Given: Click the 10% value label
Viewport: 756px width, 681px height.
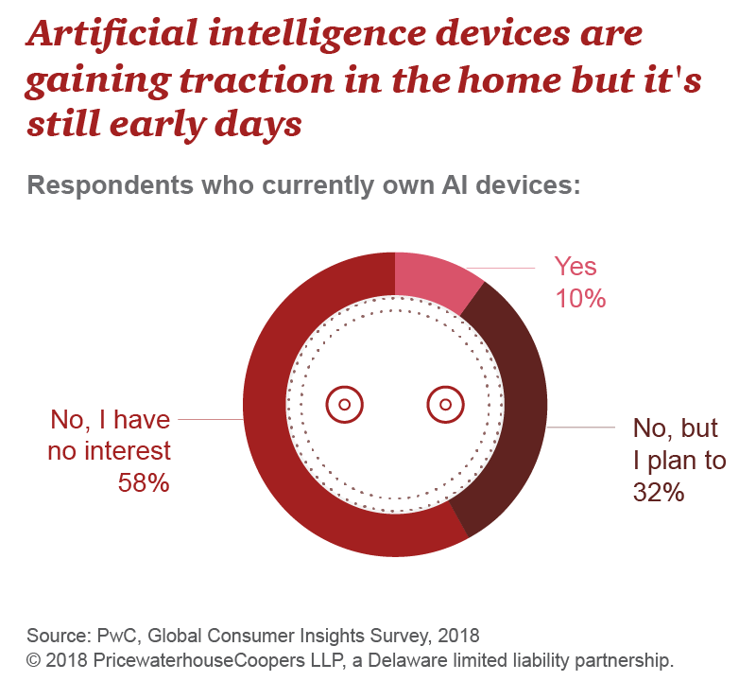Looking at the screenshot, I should point(579,299).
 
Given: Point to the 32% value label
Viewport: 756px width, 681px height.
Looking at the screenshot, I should point(659,493).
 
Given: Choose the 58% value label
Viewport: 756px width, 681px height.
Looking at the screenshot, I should point(144,482).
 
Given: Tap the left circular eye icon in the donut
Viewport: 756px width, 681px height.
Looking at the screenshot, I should point(344,405).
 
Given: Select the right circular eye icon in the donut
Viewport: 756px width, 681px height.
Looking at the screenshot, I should point(445,405).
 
